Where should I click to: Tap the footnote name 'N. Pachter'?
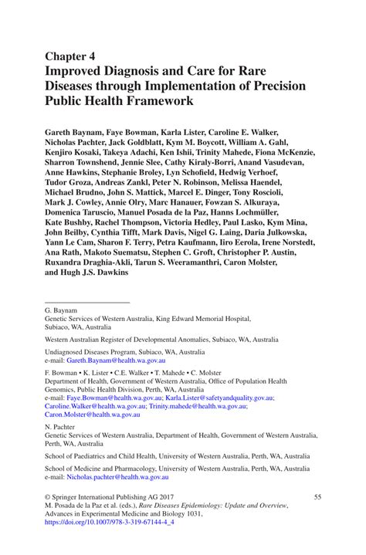coord(61,427)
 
